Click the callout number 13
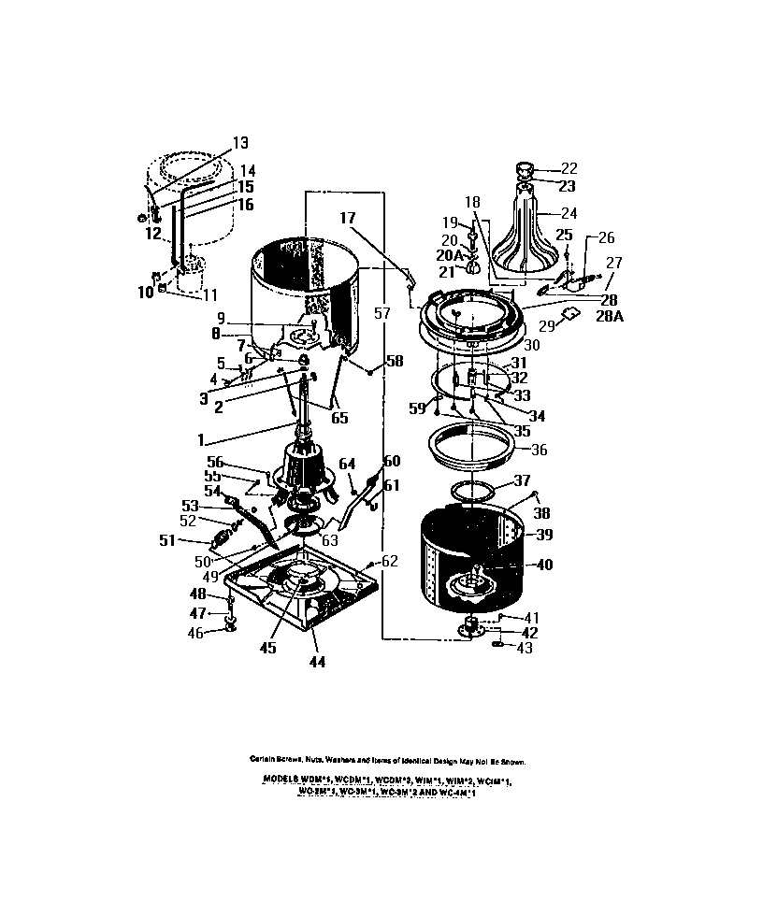(240, 143)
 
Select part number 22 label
(569, 168)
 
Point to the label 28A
(609, 317)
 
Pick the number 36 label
(540, 449)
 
